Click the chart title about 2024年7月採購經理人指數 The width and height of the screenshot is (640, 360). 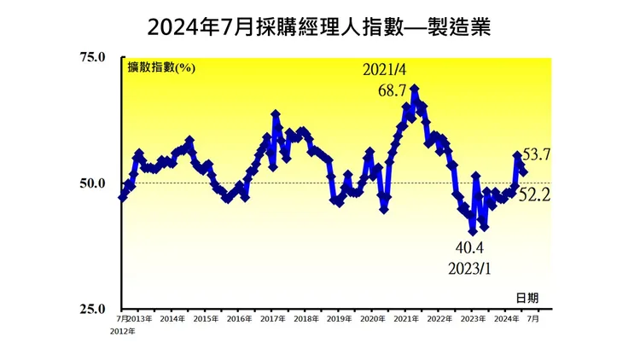319,27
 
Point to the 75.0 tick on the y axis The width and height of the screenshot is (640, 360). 91,58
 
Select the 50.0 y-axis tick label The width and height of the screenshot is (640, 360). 91,183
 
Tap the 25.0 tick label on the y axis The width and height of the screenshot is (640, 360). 91,309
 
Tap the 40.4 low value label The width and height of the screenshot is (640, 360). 468,248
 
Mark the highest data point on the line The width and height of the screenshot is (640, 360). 415,88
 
